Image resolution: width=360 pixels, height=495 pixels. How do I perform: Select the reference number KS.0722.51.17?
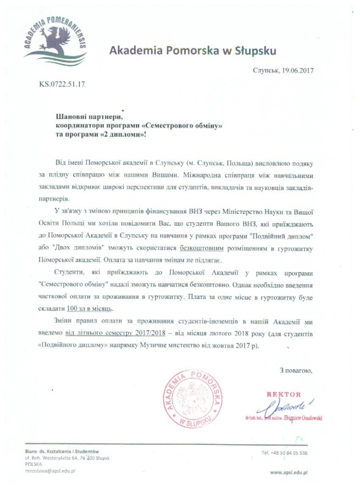[63, 84]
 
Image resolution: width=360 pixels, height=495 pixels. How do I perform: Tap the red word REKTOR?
[284, 395]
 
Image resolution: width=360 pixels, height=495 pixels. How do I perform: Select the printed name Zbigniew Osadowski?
[302, 417]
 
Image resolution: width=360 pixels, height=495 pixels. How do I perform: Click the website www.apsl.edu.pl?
[290, 473]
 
